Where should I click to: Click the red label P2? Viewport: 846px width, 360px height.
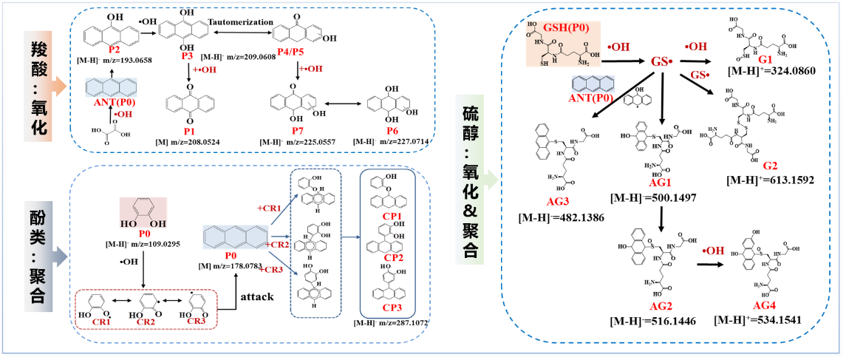tap(114, 50)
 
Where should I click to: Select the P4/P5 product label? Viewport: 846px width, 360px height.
tap(290, 52)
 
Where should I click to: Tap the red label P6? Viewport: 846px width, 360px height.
tap(392, 131)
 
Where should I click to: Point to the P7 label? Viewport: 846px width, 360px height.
tap(297, 131)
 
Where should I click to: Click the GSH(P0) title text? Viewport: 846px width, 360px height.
tap(566, 28)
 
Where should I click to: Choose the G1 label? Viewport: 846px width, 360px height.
tap(765, 59)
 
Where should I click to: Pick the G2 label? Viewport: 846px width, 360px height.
tap(770, 166)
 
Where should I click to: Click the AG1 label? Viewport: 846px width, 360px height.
tap(660, 183)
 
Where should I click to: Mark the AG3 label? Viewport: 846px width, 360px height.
tap(558, 201)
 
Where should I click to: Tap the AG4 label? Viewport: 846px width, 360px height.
tap(764, 305)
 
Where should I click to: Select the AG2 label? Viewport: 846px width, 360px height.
tap(661, 306)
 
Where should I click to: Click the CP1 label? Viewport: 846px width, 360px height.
tap(392, 217)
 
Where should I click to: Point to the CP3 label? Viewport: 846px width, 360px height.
tap(392, 308)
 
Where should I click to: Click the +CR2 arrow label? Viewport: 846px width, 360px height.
tap(278, 244)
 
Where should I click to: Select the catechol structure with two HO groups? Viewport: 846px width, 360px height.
tap(143, 211)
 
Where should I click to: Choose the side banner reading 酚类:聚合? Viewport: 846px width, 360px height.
tap(39, 256)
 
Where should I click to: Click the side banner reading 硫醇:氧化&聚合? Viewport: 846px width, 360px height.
tap(471, 182)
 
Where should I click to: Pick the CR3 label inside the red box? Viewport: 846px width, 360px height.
tap(196, 322)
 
